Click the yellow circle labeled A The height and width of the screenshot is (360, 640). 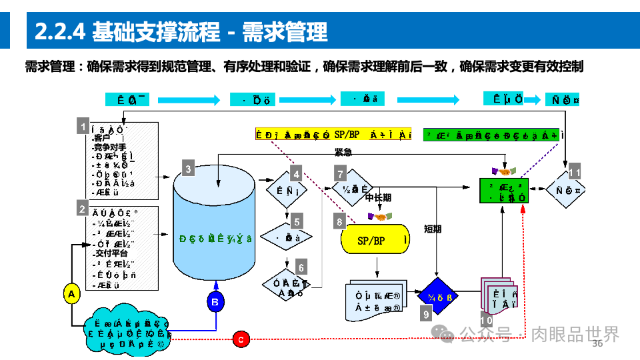(71, 293)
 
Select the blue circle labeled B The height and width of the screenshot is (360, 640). (215, 303)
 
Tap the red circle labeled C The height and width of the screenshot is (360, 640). (241, 339)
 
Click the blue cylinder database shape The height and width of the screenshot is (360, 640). (215, 227)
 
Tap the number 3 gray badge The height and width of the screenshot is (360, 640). (188, 169)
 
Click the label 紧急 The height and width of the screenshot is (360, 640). (343, 152)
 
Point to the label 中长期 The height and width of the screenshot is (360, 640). (379, 199)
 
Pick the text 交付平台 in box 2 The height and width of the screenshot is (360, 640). (111, 253)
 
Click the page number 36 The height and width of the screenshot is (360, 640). (597, 344)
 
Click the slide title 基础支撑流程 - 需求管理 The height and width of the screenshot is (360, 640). (181, 31)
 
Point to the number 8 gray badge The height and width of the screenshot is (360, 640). (340, 221)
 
